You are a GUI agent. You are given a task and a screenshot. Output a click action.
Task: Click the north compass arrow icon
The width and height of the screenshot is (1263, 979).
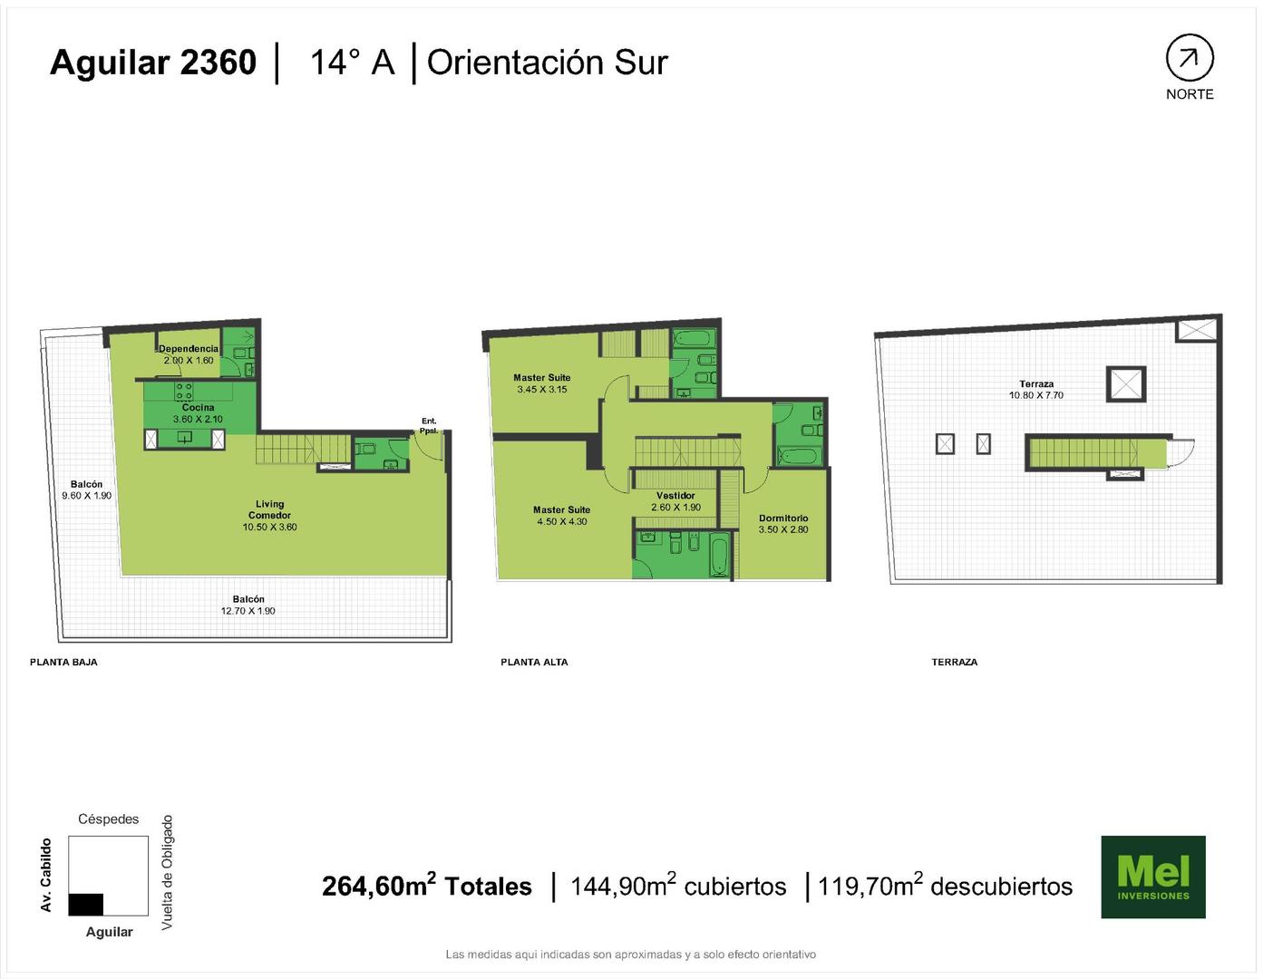pos(1190,57)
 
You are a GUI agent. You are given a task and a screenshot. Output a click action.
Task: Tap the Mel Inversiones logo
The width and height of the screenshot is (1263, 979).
pos(1153,877)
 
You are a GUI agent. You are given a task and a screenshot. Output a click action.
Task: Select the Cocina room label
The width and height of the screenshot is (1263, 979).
pos(198,407)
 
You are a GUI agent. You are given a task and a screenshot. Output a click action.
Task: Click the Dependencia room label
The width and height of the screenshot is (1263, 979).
pos(189,349)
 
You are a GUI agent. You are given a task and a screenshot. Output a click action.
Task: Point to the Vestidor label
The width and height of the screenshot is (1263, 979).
pos(675,496)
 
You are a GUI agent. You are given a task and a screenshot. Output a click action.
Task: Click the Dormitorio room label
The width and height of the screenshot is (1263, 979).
pos(782,518)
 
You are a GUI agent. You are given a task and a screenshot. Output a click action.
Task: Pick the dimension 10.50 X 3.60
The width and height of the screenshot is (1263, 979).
pos(269,527)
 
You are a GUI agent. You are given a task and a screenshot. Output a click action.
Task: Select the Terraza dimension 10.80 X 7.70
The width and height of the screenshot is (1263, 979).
pos(1036,395)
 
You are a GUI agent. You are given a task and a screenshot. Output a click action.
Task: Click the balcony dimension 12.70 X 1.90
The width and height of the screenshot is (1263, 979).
pos(248,611)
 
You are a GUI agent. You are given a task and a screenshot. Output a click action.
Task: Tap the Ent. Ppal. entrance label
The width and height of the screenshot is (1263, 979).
pos(429,425)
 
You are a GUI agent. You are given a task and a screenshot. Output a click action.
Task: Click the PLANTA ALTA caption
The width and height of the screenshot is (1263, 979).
pos(534,662)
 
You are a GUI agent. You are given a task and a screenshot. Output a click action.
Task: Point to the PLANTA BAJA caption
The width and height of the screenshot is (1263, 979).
pos(64,662)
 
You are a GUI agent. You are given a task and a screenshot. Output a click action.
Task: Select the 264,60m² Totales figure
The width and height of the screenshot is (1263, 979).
pos(427,885)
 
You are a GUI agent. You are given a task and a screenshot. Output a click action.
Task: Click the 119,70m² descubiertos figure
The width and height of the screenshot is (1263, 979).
pos(945,885)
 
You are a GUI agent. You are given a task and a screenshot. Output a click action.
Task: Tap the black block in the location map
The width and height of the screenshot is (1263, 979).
pos(85,904)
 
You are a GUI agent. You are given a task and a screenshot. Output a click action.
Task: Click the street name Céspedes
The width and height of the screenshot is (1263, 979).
pos(109,819)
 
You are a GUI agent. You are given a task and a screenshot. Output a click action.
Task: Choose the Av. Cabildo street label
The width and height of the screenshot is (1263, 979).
pos(46,875)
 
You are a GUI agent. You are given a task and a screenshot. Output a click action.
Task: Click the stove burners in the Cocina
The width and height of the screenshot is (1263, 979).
pos(184,391)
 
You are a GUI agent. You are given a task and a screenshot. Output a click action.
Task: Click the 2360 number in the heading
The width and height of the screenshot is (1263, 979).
pos(218,63)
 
